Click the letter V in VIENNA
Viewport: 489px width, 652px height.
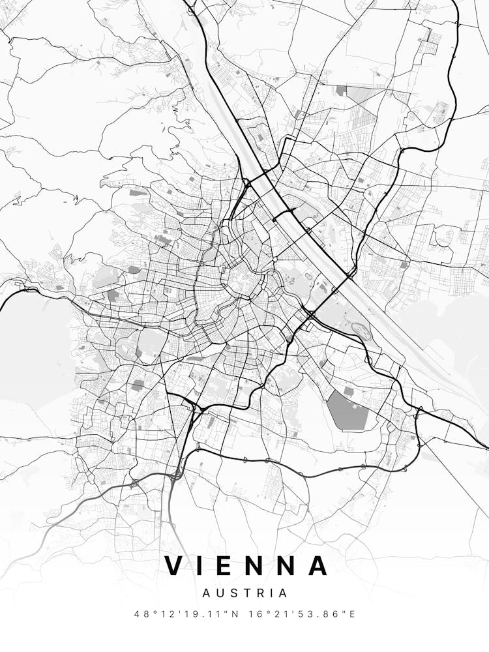coord(175,565)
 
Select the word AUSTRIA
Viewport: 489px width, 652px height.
coord(244,593)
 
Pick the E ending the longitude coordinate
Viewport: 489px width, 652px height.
coord(352,614)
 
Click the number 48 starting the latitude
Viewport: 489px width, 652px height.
coord(141,614)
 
